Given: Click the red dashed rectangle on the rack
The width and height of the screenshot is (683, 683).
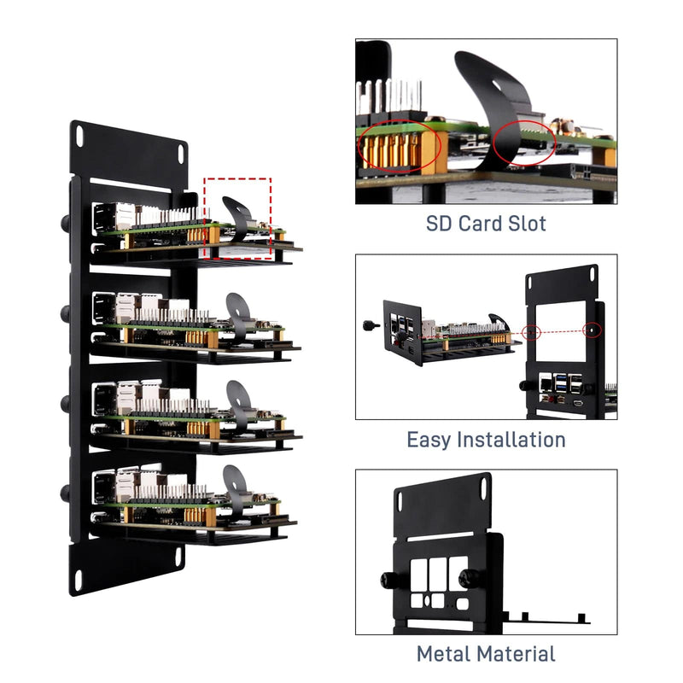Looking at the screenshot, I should (x=238, y=218).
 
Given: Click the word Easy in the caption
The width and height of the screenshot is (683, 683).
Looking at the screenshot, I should (x=429, y=441).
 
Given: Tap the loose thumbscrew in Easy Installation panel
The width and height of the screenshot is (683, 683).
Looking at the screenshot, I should (x=372, y=324).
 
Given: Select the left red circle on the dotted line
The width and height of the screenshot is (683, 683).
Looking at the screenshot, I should (x=532, y=330).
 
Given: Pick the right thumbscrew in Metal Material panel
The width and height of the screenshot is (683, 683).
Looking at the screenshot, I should (x=467, y=579).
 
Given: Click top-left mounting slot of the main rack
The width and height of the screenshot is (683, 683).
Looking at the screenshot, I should (x=79, y=134).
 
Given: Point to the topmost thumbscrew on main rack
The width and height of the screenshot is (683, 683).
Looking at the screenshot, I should (x=65, y=224).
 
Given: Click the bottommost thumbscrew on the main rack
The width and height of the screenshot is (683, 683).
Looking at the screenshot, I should (x=65, y=493).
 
